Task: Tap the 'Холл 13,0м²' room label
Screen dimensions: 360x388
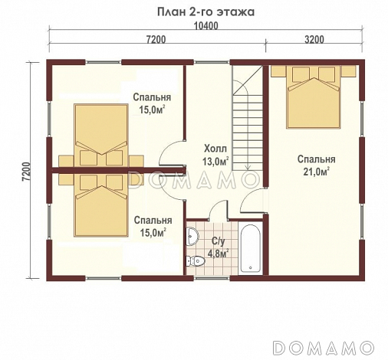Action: click(x=215, y=155)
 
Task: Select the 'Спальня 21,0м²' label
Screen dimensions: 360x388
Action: click(x=315, y=165)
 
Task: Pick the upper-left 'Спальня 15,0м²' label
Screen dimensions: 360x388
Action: click(x=151, y=103)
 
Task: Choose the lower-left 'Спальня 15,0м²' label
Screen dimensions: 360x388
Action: click(x=151, y=227)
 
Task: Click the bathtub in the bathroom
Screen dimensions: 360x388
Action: click(x=252, y=248)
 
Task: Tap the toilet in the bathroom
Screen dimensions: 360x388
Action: click(x=199, y=261)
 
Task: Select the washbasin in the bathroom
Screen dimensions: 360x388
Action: click(x=192, y=234)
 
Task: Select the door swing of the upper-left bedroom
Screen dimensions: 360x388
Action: click(x=173, y=152)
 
